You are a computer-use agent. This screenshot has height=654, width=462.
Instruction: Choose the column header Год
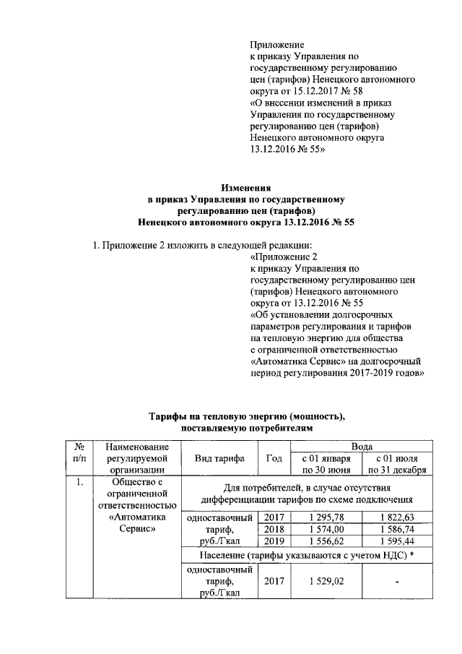(274, 459)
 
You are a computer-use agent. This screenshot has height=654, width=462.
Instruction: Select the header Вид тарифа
(219, 459)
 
